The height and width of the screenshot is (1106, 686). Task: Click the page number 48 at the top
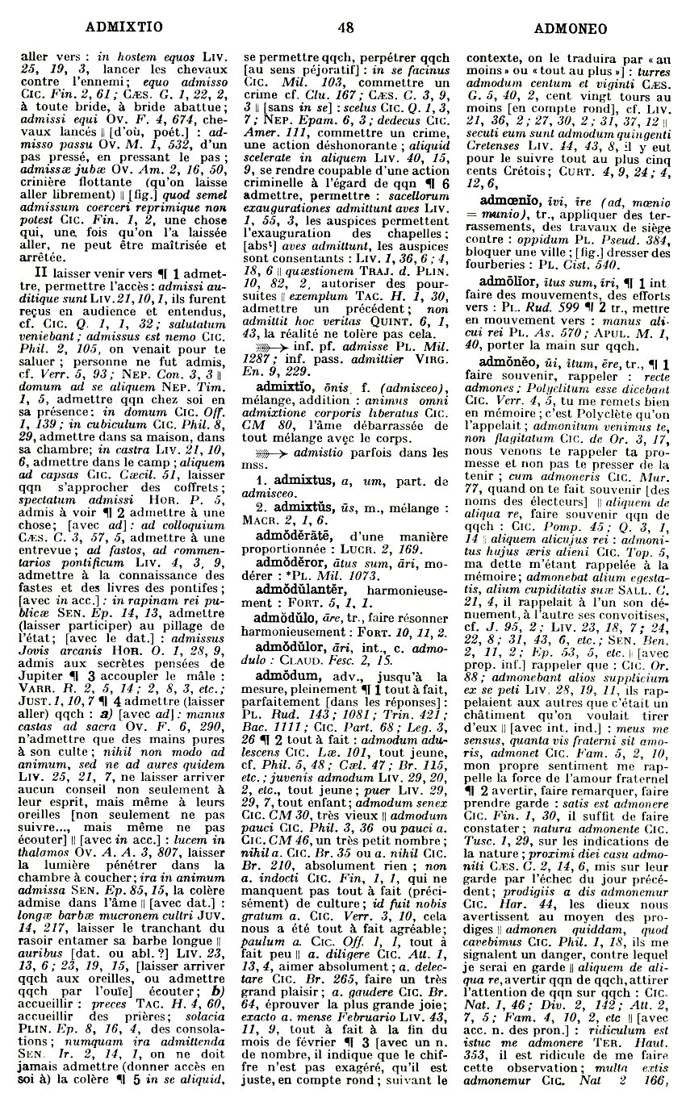point(345,27)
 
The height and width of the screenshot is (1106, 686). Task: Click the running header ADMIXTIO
point(123,27)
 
